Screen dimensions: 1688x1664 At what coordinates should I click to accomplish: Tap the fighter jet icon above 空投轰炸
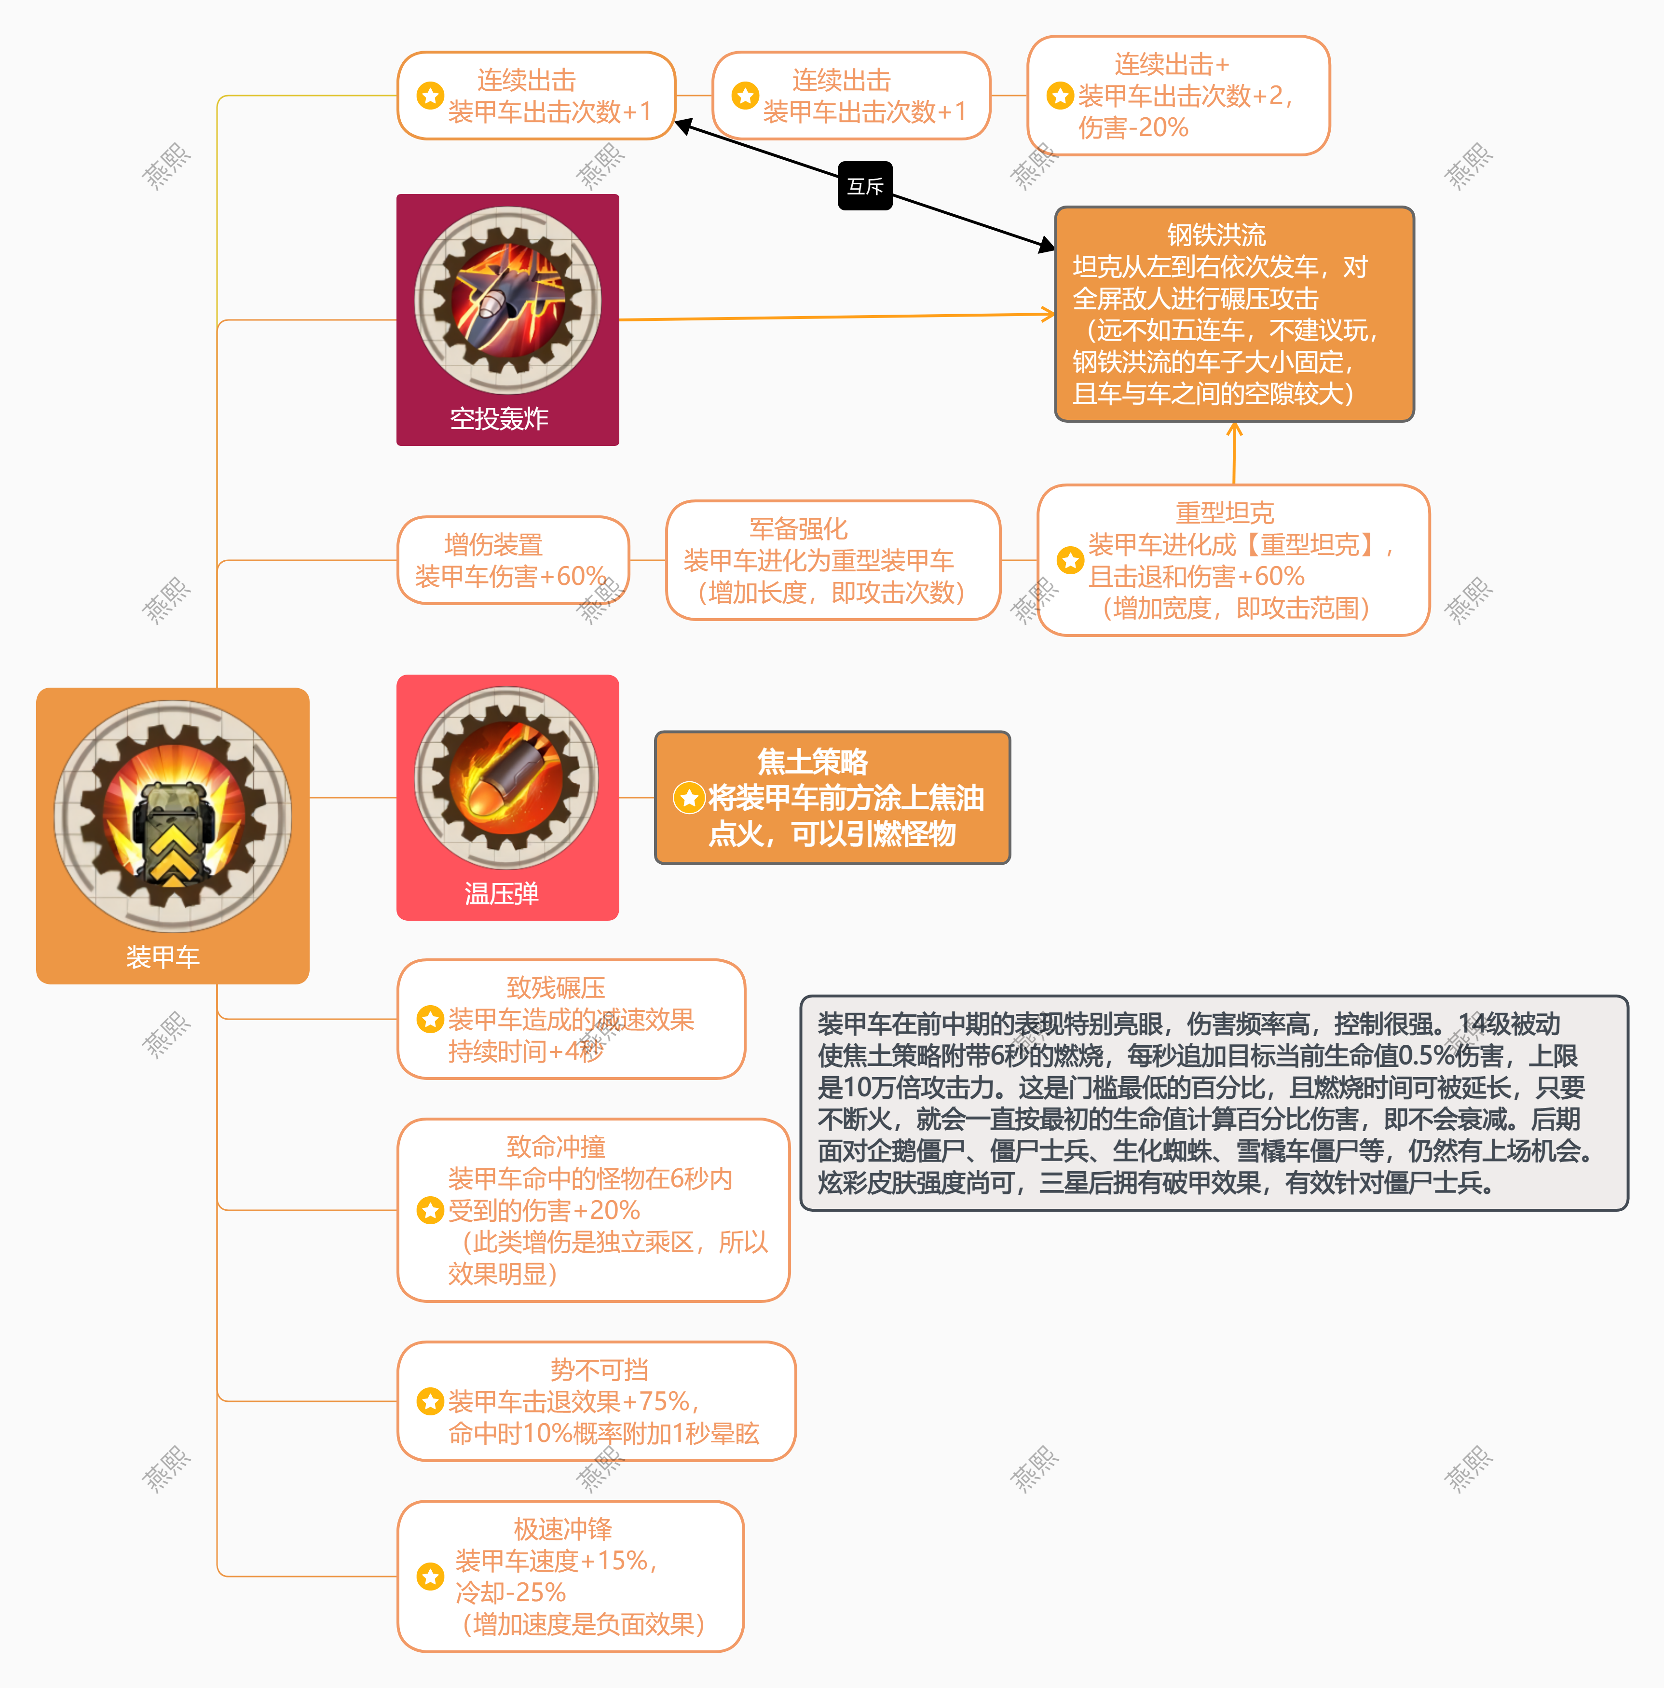pyautogui.click(x=507, y=300)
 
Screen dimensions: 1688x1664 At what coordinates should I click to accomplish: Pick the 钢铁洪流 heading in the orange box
pyautogui.click(x=1216, y=235)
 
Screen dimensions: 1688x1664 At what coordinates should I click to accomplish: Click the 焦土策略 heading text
pyautogui.click(x=812, y=762)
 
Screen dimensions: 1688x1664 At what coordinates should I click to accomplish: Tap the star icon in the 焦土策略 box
pyautogui.click(x=688, y=797)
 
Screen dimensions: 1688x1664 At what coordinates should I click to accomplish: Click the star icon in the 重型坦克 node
pyautogui.click(x=1070, y=560)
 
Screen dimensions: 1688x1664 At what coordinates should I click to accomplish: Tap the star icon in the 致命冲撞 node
pyautogui.click(x=430, y=1210)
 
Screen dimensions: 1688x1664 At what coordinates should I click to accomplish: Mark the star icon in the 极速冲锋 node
pyautogui.click(x=430, y=1576)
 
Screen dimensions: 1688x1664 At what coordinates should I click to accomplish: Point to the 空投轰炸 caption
pyautogui.click(x=499, y=418)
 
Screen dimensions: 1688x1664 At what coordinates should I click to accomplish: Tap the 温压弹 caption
pyautogui.click(x=502, y=893)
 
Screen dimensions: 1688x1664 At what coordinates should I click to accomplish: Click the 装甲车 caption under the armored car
pyautogui.click(x=163, y=957)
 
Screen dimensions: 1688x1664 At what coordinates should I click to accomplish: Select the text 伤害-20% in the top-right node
pyautogui.click(x=1133, y=127)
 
